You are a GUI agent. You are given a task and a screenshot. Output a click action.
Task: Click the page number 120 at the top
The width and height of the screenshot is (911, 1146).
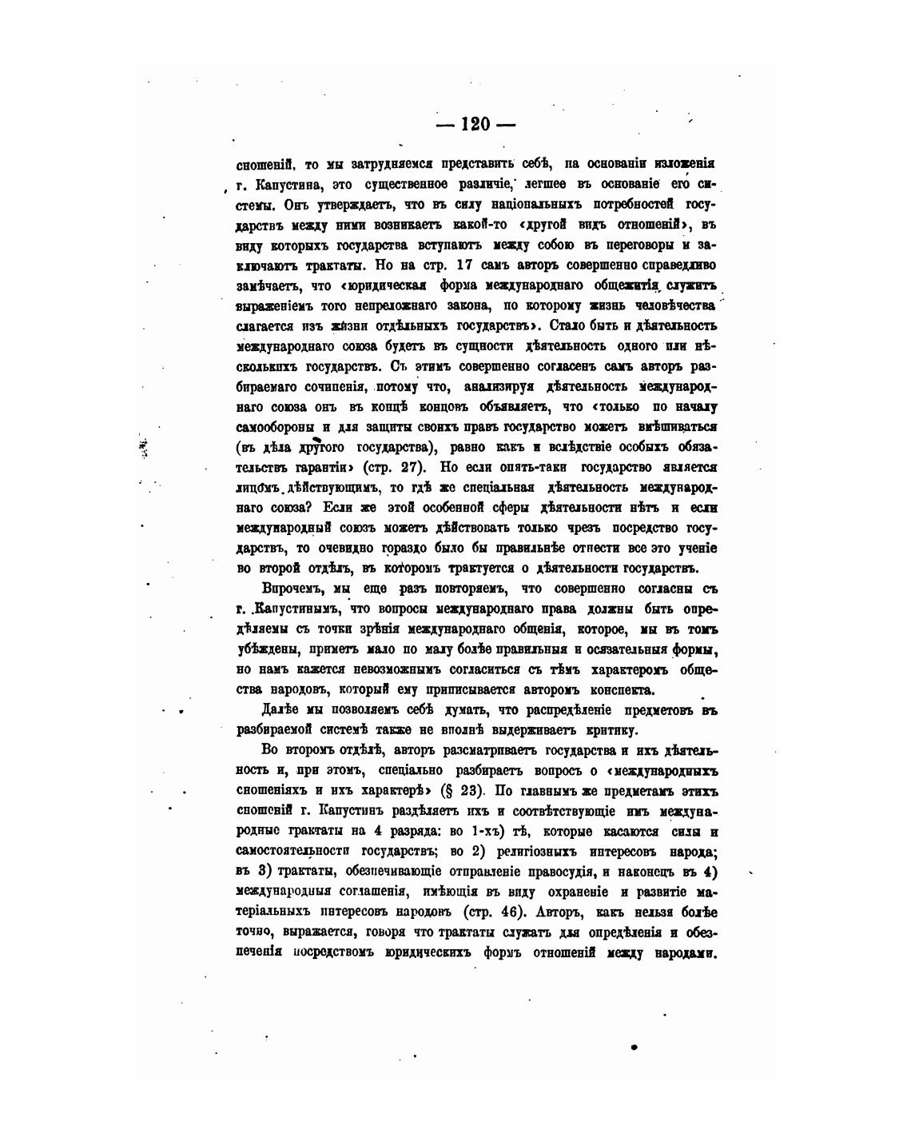(475, 124)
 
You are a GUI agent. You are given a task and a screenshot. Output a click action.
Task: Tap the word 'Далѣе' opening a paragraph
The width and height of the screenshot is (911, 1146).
(280, 709)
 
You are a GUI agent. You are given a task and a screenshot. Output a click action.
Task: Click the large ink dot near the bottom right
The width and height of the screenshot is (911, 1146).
(633, 1045)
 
